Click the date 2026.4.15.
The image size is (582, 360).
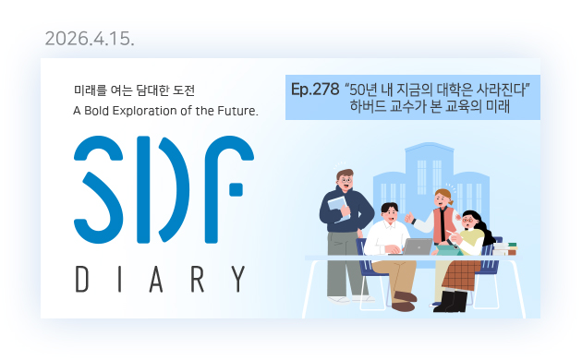(x=90, y=40)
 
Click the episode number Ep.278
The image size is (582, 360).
(x=314, y=90)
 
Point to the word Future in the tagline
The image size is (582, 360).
(x=235, y=111)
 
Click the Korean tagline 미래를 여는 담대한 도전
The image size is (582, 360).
(x=134, y=90)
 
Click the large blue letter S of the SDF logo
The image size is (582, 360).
(x=100, y=182)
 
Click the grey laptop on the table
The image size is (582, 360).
(x=418, y=246)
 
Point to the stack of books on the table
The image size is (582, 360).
(x=510, y=249)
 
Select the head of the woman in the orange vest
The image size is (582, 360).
(x=443, y=197)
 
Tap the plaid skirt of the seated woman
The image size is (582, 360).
(x=460, y=273)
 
